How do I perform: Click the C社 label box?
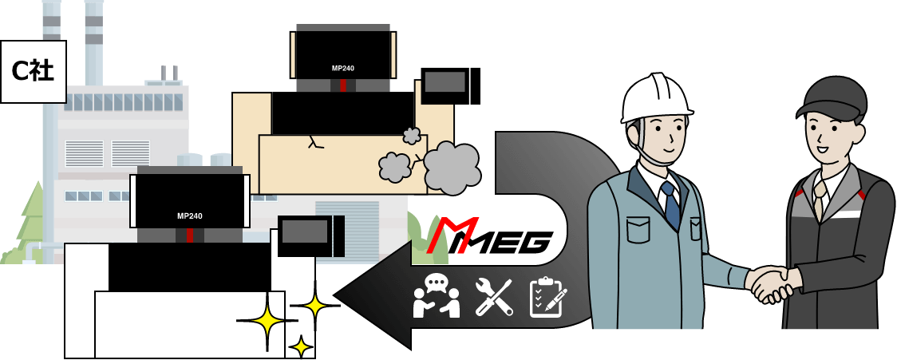tap(33, 71)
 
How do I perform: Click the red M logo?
tap(452, 235)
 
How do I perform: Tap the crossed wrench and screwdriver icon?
tap(494, 297)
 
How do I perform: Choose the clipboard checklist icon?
tap(547, 298)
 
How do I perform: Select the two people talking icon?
tap(437, 296)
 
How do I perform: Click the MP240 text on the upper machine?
tap(343, 68)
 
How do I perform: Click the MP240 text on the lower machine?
tap(190, 216)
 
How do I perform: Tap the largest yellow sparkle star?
tap(267, 322)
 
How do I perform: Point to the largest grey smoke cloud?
tap(452, 167)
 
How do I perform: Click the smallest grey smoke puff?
tap(412, 136)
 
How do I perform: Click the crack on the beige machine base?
tap(314, 143)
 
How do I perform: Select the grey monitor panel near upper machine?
tap(445, 82)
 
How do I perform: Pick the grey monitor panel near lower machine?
tap(305, 231)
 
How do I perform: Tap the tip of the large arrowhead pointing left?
tap(338, 295)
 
